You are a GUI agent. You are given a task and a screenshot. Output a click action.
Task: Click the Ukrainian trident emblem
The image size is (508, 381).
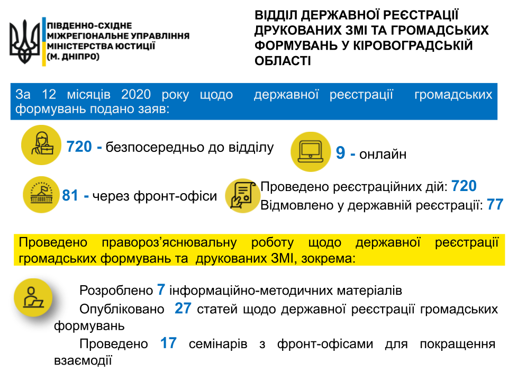click(24, 42)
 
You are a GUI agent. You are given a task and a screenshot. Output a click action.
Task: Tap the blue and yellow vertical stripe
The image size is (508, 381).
click(44, 42)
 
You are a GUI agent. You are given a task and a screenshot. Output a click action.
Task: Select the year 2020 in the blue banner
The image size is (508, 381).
click(136, 95)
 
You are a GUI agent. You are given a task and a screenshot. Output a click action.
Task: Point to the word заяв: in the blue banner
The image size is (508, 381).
click(152, 110)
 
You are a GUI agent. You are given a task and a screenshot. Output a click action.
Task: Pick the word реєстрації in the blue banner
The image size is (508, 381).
click(361, 95)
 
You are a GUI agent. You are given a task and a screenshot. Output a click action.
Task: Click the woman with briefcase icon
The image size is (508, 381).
click(41, 145)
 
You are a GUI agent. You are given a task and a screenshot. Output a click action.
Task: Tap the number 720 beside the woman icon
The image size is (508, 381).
click(79, 147)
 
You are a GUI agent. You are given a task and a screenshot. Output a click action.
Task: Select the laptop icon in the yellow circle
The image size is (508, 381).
click(311, 152)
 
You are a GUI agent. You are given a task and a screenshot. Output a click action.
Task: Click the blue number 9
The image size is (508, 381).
click(341, 153)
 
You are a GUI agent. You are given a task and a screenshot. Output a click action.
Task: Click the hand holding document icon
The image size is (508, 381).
click(243, 195)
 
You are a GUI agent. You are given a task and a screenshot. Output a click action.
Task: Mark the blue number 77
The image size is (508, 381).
click(495, 205)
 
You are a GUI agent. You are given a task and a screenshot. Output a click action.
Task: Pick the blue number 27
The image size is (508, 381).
click(183, 309)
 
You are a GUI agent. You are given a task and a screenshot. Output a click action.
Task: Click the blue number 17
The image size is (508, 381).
click(168, 343)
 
